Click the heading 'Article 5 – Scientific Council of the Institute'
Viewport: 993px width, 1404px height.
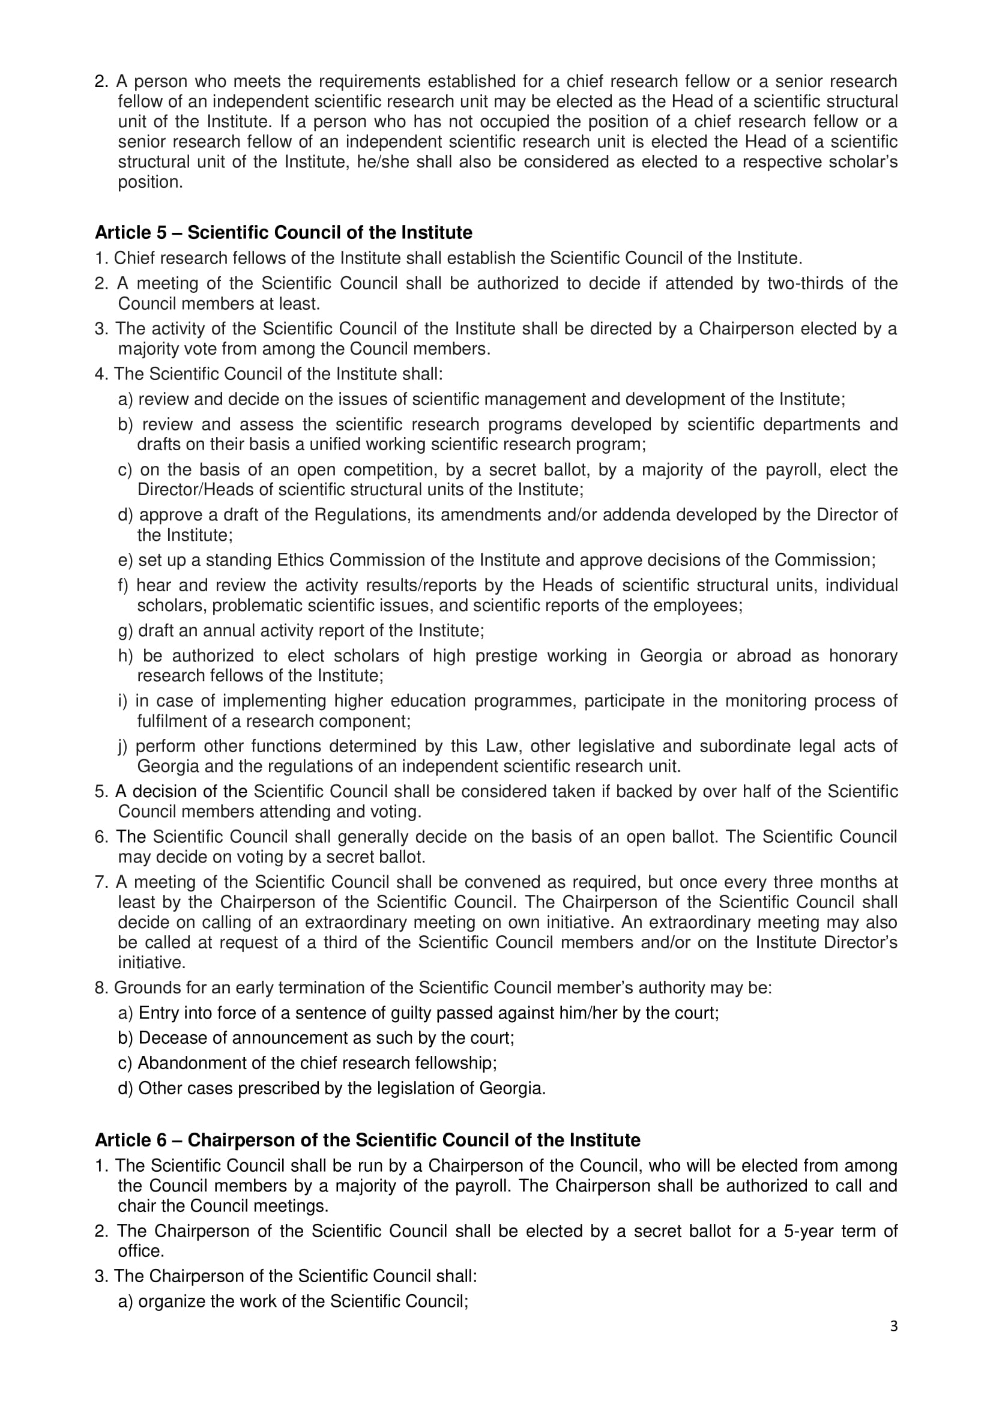(283, 233)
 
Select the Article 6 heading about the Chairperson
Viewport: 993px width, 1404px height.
(367, 1140)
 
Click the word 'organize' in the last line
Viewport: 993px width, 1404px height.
(172, 1301)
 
